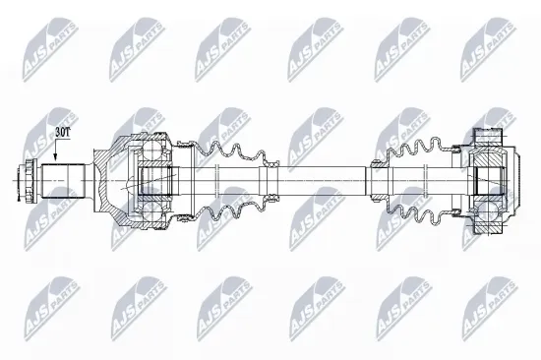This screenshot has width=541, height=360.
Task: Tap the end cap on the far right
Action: (x=513, y=182)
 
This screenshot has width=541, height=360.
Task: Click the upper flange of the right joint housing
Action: (x=489, y=137)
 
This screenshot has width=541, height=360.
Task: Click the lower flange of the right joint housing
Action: (x=489, y=227)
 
